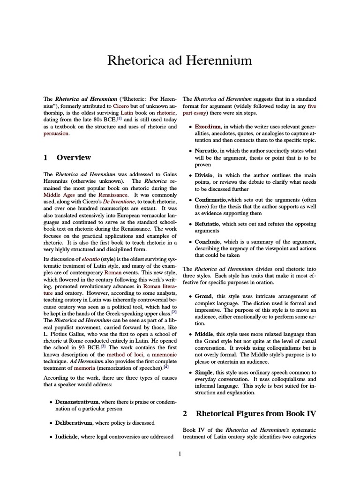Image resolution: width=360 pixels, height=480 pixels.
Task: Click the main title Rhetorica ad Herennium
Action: tap(180, 60)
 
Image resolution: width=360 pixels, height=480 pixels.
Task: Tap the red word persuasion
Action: tap(56, 133)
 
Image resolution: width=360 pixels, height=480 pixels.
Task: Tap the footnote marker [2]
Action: tap(174, 312)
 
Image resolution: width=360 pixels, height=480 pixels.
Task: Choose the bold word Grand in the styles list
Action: tap(204, 296)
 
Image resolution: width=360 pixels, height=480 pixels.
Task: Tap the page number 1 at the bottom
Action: tap(180, 453)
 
